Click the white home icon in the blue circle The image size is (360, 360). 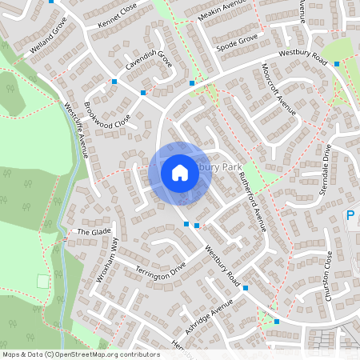(180, 172)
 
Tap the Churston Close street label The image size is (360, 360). (328, 275)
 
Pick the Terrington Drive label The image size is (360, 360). (161, 270)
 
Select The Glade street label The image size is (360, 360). (93, 232)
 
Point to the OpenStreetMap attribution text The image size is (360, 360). (81, 354)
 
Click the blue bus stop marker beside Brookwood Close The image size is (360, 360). (143, 94)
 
